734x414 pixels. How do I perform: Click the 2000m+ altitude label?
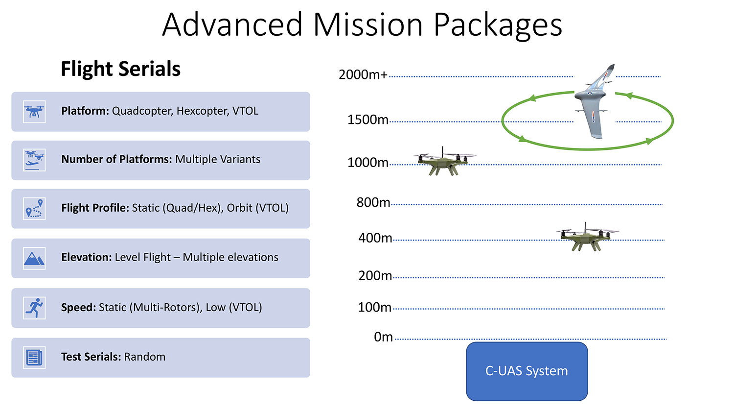(363, 75)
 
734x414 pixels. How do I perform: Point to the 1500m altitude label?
(367, 120)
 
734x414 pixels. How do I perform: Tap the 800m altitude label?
(373, 202)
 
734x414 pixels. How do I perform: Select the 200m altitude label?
(375, 276)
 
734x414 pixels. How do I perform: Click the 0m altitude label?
(383, 337)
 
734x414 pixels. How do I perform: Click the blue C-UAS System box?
(527, 371)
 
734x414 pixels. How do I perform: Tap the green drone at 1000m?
(444, 161)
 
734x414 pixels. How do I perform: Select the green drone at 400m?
(587, 237)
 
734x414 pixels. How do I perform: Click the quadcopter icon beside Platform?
(34, 112)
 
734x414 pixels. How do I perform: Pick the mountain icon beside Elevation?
(34, 258)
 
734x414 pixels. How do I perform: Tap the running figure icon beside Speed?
(34, 308)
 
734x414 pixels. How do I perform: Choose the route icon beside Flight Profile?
(34, 209)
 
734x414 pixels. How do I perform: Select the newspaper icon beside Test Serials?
(34, 358)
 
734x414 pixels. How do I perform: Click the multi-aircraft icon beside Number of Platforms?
(34, 160)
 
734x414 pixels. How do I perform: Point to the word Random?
(145, 357)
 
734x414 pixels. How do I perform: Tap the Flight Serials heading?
(120, 69)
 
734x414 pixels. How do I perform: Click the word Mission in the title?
(367, 24)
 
